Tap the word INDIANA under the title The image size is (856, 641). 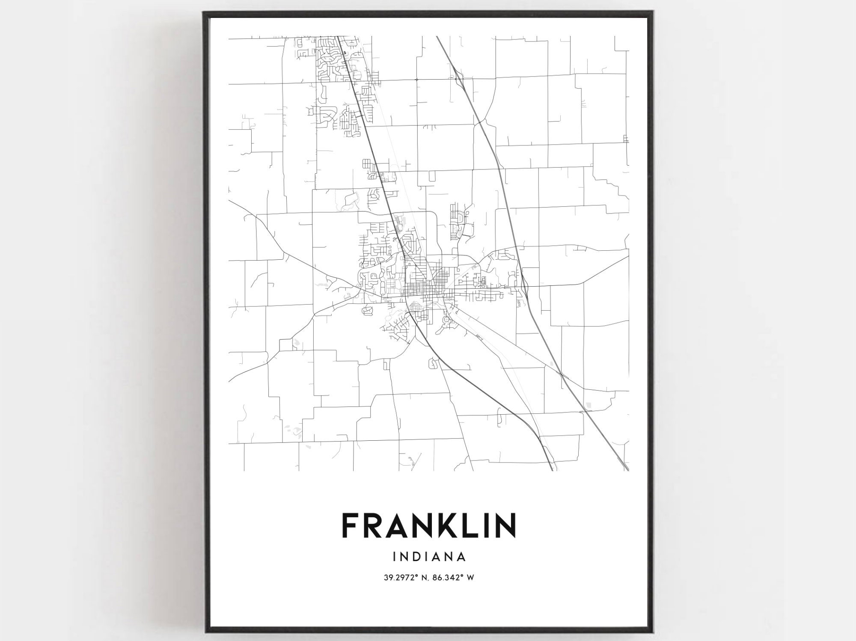[428, 557]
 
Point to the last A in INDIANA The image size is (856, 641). [461, 557]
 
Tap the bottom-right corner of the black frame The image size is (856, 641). [652, 632]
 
